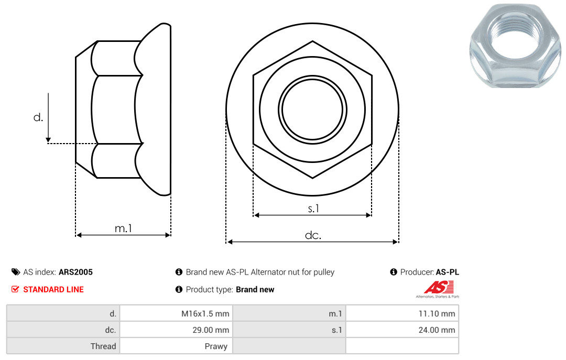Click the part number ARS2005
[75, 272]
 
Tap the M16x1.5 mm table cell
[205, 314]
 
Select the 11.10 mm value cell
[437, 314]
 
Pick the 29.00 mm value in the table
[211, 330]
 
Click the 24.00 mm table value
[437, 330]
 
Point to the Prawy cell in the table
[216, 346]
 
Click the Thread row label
[103, 346]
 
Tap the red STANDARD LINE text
[53, 290]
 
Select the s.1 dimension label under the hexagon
[313, 209]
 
